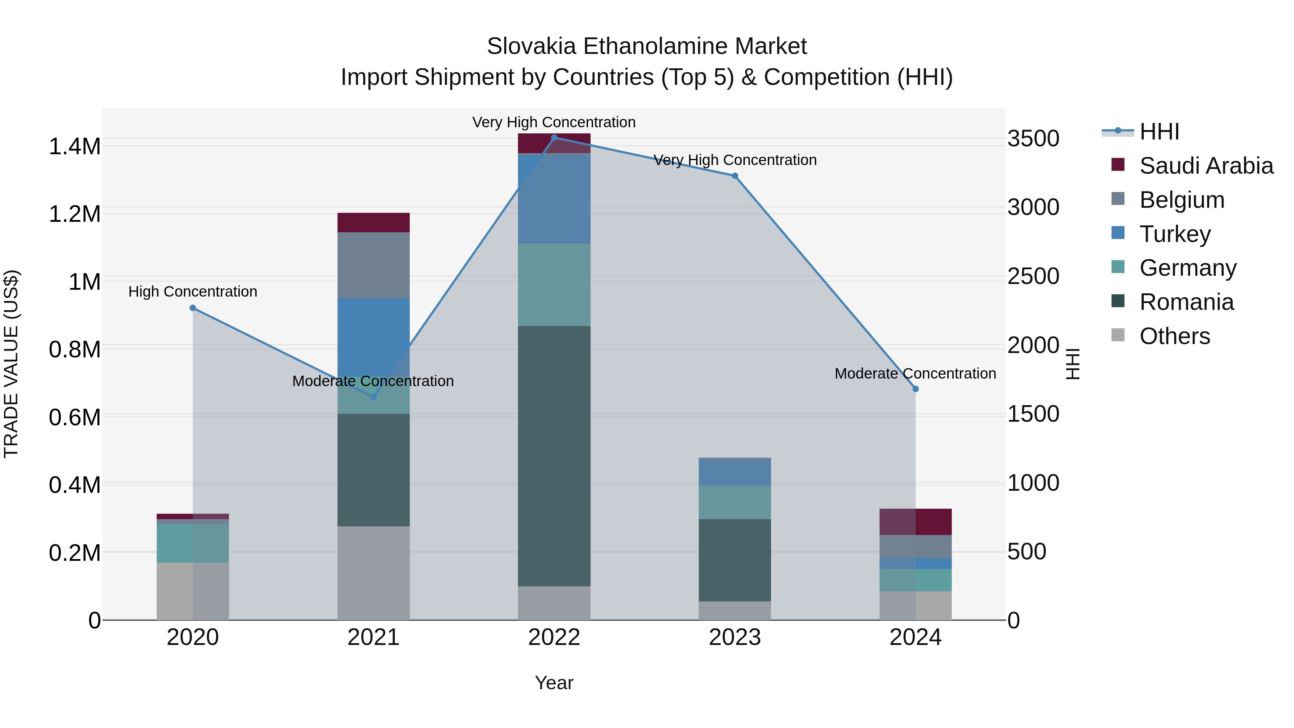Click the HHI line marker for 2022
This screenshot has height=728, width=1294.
click(554, 137)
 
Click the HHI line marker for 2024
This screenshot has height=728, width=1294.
click(915, 389)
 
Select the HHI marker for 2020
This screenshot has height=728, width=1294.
click(193, 308)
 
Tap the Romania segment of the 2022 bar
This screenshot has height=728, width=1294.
click(554, 456)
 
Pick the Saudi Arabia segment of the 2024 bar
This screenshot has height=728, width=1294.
click(915, 522)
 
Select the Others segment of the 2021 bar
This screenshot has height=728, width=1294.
click(373, 573)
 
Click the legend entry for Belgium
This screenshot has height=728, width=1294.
click(1181, 200)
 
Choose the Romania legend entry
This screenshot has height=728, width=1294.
click(1186, 302)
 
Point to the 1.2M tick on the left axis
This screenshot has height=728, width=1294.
click(74, 214)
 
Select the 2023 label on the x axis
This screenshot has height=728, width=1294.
click(734, 637)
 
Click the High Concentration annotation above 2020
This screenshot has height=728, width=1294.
click(193, 292)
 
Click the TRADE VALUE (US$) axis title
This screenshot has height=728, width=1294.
click(11, 364)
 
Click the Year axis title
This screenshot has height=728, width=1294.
click(554, 683)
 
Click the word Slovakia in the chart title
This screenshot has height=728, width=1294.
click(532, 46)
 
